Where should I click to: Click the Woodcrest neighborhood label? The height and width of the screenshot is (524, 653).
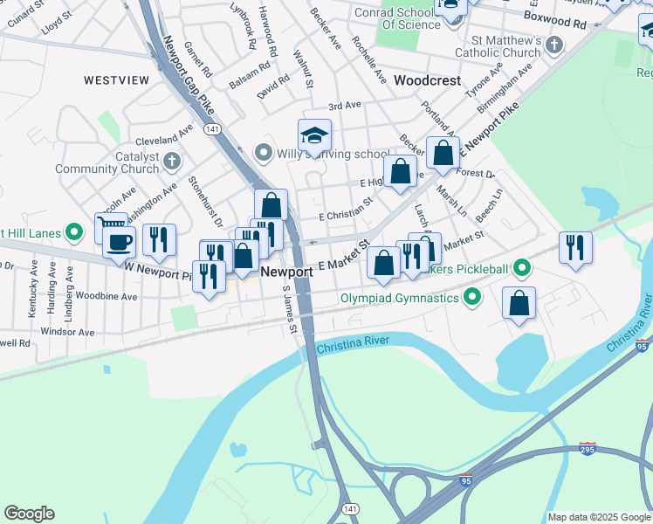pyautogui.click(x=427, y=79)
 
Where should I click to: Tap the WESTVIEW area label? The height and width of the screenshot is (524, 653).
pyautogui.click(x=117, y=79)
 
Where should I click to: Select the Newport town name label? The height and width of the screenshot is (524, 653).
pyautogui.click(x=287, y=272)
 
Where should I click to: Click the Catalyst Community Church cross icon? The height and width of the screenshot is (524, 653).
pyautogui.click(x=172, y=162)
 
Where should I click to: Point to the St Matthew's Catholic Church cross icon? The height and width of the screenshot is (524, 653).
pyautogui.click(x=554, y=46)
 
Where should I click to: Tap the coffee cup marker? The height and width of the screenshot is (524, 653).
pyautogui.click(x=120, y=241)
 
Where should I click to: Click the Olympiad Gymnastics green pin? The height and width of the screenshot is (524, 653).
pyautogui.click(x=472, y=299)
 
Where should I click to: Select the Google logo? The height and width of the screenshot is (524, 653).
pyautogui.click(x=29, y=514)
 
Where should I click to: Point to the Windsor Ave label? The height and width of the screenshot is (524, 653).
pyautogui.click(x=67, y=332)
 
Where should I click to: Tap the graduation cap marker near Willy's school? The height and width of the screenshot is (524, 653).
pyautogui.click(x=314, y=135)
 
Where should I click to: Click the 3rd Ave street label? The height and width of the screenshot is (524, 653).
pyautogui.click(x=345, y=105)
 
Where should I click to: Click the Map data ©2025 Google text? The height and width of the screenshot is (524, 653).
pyautogui.click(x=598, y=517)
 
